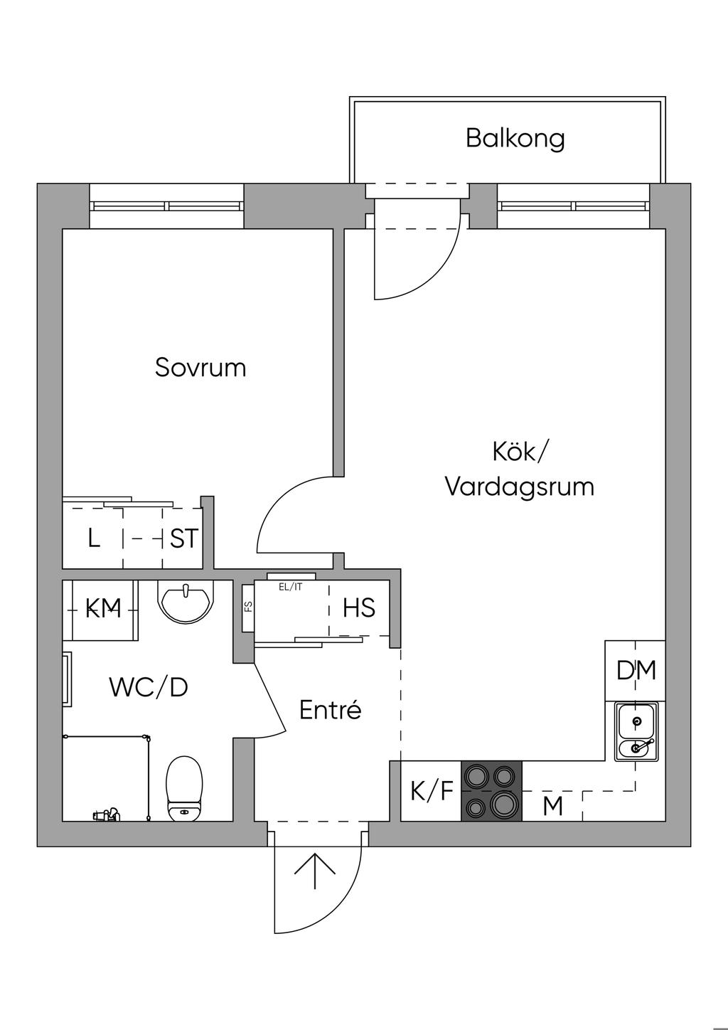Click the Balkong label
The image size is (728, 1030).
click(515, 138)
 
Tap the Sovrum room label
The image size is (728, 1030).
click(200, 368)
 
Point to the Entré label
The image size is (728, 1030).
click(331, 710)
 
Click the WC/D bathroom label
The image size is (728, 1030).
click(149, 687)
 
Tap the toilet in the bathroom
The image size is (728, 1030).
click(184, 788)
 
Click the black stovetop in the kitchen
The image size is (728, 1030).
click(491, 791)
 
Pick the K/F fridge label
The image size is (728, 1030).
click(432, 791)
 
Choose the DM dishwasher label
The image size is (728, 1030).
click(636, 670)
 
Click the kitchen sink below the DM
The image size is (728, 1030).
click(636, 731)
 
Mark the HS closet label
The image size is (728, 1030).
click(359, 608)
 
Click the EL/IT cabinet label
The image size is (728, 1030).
click(291, 587)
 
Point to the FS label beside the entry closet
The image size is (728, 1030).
click(248, 607)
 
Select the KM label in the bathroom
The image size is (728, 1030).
click(103, 608)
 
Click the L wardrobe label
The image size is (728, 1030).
click(94, 538)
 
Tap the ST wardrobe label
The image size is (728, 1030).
click(184, 538)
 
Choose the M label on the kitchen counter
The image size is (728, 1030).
click(552, 807)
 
